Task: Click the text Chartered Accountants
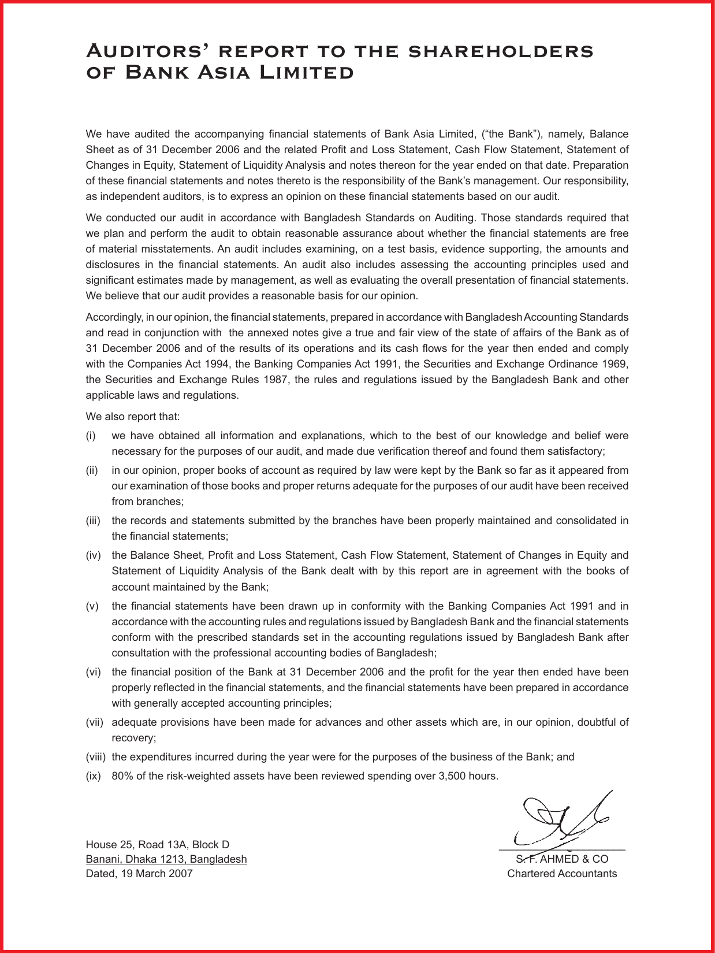coord(562,873)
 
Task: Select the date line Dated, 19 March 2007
coord(139,873)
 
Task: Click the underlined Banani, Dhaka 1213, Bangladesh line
coord(166,859)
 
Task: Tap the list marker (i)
coord(91,435)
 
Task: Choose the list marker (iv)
coord(93,555)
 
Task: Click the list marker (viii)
coord(96,756)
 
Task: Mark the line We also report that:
coord(133,416)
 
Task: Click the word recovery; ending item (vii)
coord(134,737)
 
